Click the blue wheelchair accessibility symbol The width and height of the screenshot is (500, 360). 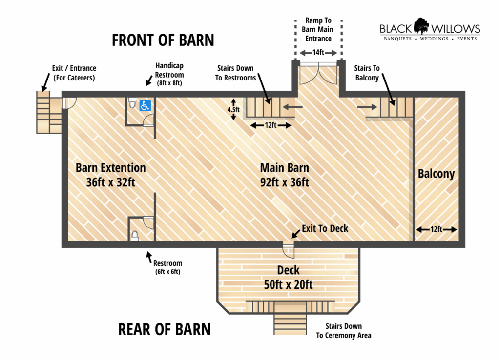pos(145,105)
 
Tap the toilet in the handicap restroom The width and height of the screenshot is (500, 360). pos(132,104)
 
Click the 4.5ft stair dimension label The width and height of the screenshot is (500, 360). pos(233,110)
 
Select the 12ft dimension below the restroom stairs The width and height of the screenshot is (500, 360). pos(271,125)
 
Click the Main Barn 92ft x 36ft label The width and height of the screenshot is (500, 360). pos(285,175)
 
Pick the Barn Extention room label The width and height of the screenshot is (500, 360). pos(110,175)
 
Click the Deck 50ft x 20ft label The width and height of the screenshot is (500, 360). pos(288,277)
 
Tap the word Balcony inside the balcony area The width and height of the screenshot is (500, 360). pos(436,174)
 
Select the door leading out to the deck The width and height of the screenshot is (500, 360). pos(289,249)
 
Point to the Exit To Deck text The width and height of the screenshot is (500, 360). pos(325,228)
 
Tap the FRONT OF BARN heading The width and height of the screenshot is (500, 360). pos(163,40)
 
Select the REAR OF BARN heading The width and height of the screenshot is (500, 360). pos(164,329)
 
